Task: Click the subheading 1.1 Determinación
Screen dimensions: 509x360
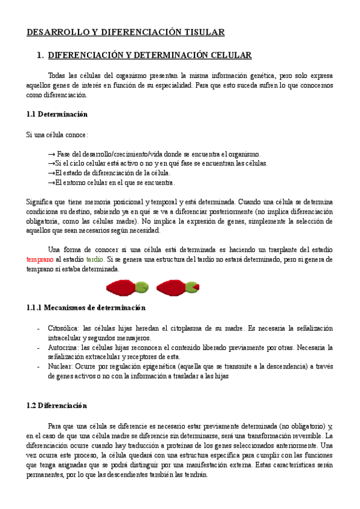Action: point(57,114)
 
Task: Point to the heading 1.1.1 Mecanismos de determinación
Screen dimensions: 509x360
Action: point(86,308)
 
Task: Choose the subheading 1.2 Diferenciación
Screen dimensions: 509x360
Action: point(57,405)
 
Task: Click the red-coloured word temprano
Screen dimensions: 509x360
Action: point(40,260)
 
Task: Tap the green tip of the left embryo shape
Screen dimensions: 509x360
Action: point(141,288)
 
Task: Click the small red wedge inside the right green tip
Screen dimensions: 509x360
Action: point(196,288)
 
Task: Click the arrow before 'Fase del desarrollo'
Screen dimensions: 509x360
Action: point(51,154)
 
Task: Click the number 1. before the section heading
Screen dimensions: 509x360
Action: point(40,55)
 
